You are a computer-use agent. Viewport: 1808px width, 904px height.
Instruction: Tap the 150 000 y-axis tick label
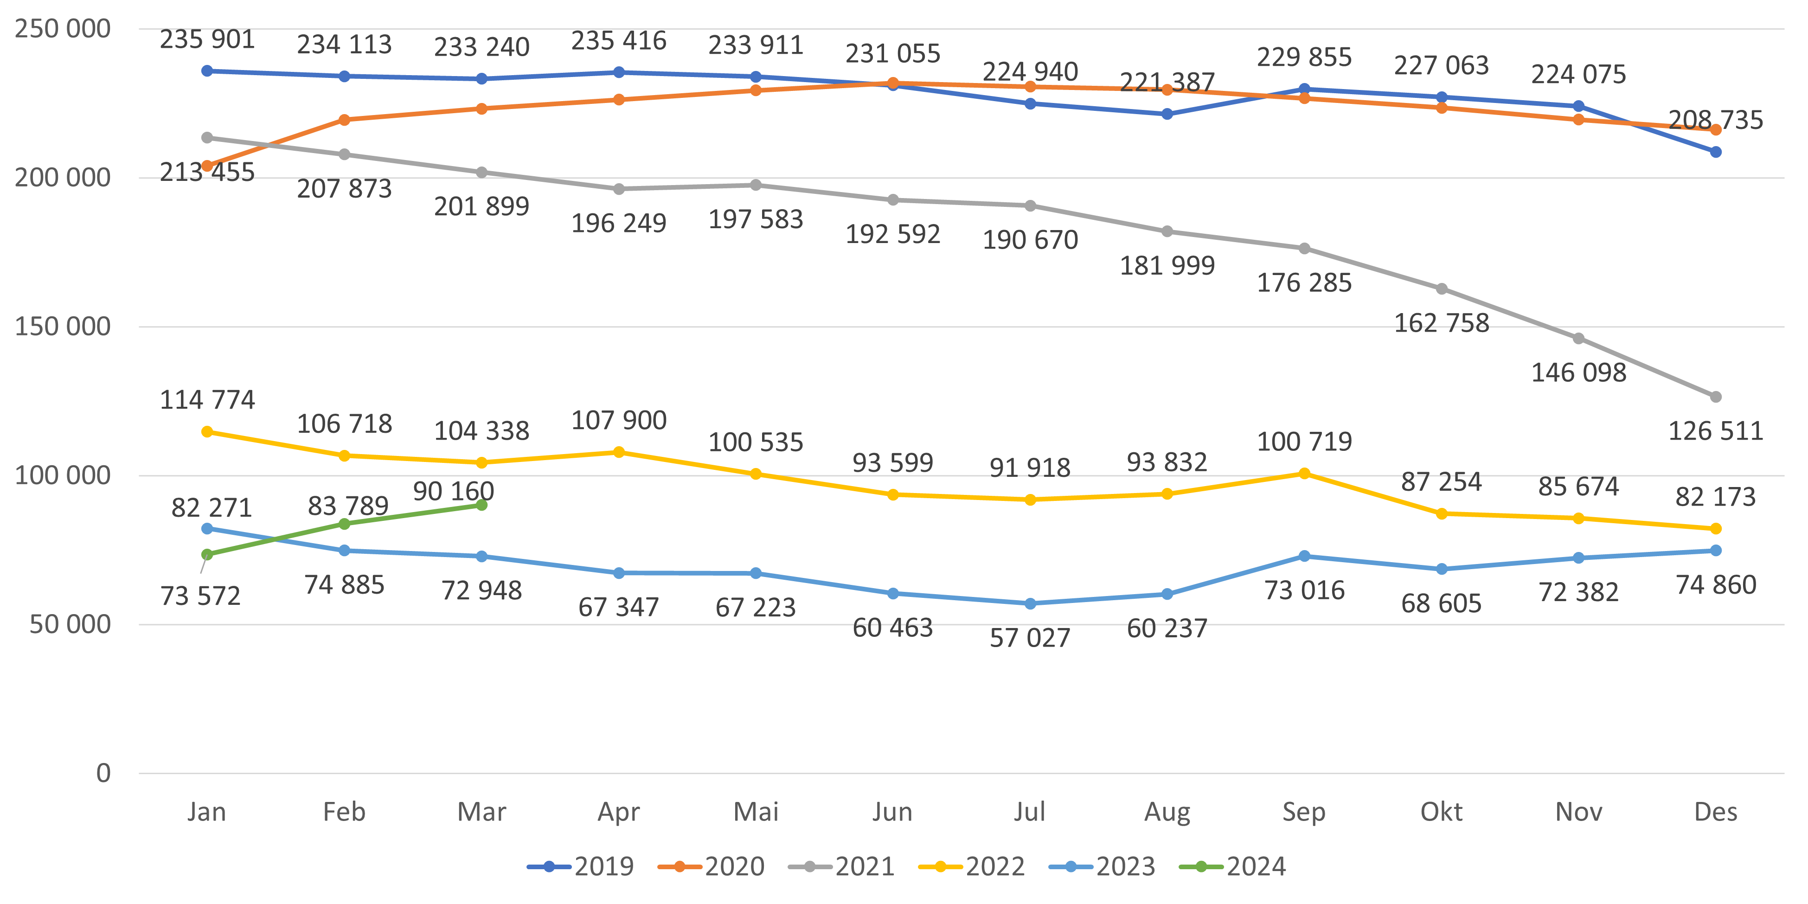[x=63, y=327]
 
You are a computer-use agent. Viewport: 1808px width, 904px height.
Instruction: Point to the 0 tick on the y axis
[x=103, y=773]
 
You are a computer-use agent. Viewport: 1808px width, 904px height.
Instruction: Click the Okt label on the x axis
[x=1441, y=812]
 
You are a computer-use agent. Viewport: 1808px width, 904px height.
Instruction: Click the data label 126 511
[x=1715, y=431]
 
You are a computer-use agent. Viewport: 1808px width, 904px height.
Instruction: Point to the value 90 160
[x=454, y=491]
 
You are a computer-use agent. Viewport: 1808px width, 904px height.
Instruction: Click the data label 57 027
[x=1030, y=638]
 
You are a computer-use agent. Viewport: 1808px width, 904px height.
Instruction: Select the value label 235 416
[x=618, y=41]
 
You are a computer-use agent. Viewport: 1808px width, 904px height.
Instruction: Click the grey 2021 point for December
[x=1715, y=397]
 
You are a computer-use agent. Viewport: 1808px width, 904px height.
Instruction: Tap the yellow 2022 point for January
[x=207, y=432]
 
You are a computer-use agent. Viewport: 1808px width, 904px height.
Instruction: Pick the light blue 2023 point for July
[x=1030, y=603]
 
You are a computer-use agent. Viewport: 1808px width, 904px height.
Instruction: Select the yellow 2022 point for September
[x=1304, y=474]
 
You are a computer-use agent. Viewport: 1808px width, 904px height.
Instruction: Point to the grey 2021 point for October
[x=1442, y=289]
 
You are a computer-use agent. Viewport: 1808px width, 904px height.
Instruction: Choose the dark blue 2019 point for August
[x=1167, y=114]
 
